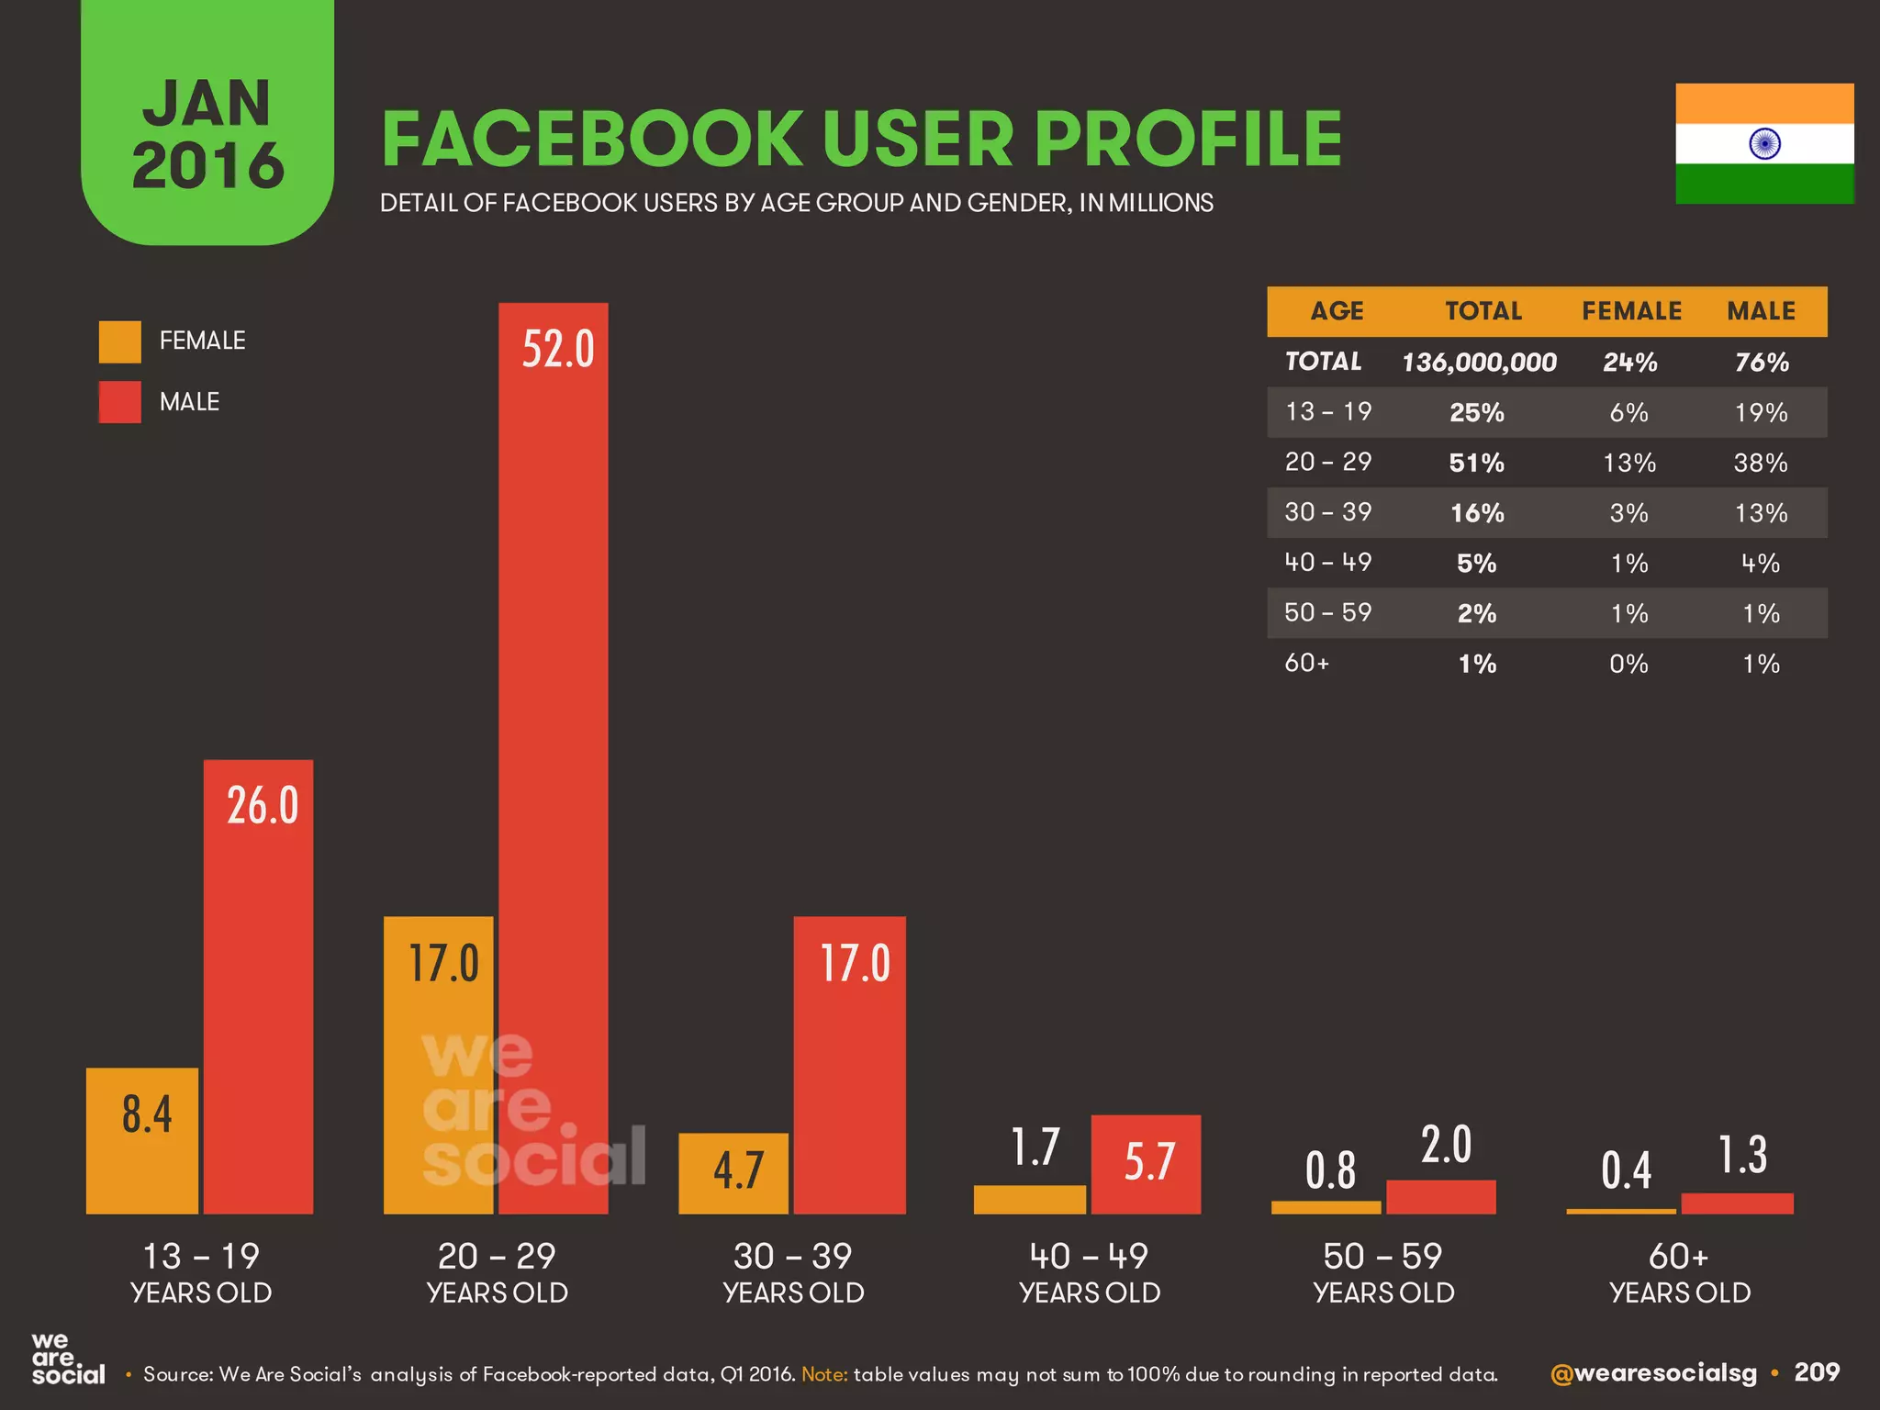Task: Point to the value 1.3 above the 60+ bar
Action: pyautogui.click(x=1741, y=1155)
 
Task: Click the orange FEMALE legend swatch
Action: pyautogui.click(x=120, y=341)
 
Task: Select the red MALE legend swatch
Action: pyautogui.click(x=120, y=402)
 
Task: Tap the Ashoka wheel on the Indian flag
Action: pyautogui.click(x=1764, y=144)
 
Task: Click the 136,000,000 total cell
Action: pyautogui.click(x=1479, y=363)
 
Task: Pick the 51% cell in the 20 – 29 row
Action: pyautogui.click(x=1476, y=463)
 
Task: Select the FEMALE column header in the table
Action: pyautogui.click(x=1631, y=311)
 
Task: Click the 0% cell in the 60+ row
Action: pyautogui.click(x=1628, y=664)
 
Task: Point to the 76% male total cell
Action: pyautogui.click(x=1761, y=363)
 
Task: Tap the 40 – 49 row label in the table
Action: pyautogui.click(x=1327, y=563)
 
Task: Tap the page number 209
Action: pyautogui.click(x=1817, y=1372)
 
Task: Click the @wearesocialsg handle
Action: pyautogui.click(x=1652, y=1373)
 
